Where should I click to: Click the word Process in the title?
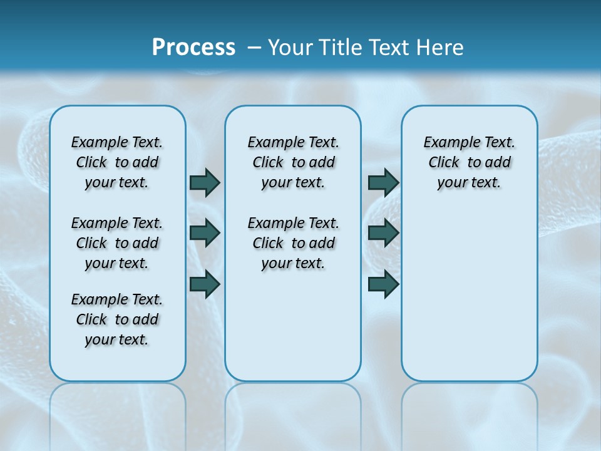[193, 47]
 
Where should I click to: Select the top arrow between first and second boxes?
[205, 182]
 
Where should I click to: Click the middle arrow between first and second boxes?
[205, 233]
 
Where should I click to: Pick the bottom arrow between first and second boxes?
[205, 284]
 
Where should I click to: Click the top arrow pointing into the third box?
[383, 182]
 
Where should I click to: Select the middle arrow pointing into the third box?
[383, 233]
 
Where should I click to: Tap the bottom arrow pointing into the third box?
[383, 284]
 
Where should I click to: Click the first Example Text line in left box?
[117, 142]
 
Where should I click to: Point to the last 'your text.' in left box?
[116, 340]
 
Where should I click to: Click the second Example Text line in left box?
[117, 223]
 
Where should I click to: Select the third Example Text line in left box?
[117, 299]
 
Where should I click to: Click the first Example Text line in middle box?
[293, 142]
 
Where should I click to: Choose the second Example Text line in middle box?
[293, 223]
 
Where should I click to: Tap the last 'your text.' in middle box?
[293, 263]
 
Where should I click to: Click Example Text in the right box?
[469, 142]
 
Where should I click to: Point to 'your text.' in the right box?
[469, 182]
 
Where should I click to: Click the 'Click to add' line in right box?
[469, 162]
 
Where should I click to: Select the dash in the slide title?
[254, 48]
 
